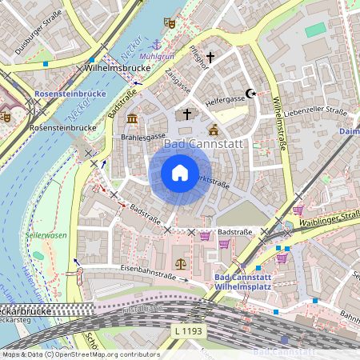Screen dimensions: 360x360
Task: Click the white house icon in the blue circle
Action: [179, 172]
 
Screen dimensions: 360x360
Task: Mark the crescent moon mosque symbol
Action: [250, 94]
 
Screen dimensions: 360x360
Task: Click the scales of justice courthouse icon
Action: [180, 262]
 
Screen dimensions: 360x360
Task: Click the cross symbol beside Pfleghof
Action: [211, 58]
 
